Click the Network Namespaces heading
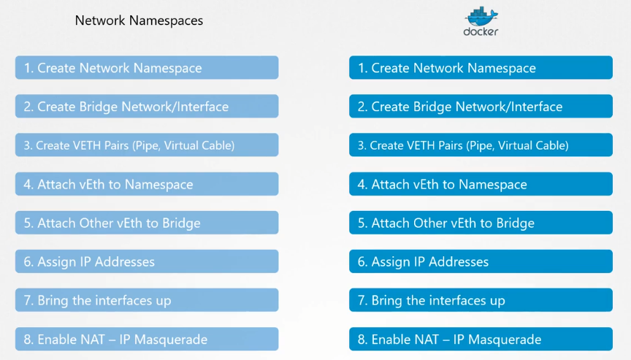click(x=139, y=20)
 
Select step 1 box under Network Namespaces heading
click(x=146, y=68)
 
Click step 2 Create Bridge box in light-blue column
click(x=146, y=107)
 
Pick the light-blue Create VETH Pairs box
click(x=146, y=145)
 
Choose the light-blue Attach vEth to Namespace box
click(x=146, y=184)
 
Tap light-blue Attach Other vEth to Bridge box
click(x=146, y=223)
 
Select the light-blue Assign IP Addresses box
click(x=146, y=261)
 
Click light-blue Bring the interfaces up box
click(x=146, y=300)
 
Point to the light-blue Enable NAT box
click(x=146, y=339)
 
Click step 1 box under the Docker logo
click(x=481, y=68)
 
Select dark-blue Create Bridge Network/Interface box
click(x=481, y=107)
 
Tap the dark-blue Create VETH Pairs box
click(x=481, y=145)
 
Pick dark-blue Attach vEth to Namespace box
click(x=481, y=184)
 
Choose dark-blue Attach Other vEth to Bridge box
click(x=481, y=223)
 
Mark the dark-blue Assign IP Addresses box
click(x=481, y=261)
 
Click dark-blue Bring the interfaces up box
click(x=481, y=300)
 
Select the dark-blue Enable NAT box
click(x=481, y=339)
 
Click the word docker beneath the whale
click(x=481, y=31)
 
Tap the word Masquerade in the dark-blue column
click(x=505, y=340)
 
